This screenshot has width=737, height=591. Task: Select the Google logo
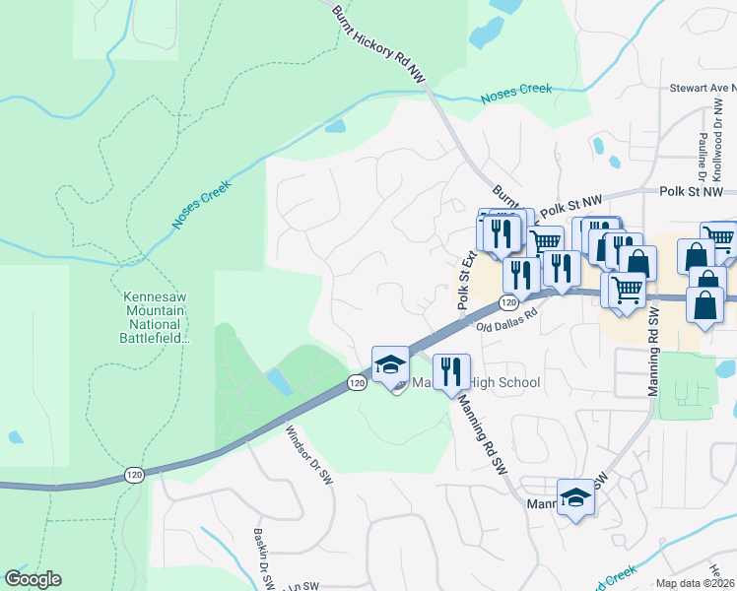33,579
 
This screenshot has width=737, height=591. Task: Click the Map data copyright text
694,583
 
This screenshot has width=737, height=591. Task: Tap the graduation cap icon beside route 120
390,363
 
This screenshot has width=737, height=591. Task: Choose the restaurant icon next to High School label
451,372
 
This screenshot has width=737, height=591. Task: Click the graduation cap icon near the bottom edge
575,498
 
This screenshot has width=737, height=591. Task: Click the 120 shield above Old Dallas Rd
507,302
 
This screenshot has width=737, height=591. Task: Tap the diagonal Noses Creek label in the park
202,205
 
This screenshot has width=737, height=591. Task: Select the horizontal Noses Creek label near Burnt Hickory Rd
516,94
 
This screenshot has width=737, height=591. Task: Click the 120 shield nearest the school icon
357,381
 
